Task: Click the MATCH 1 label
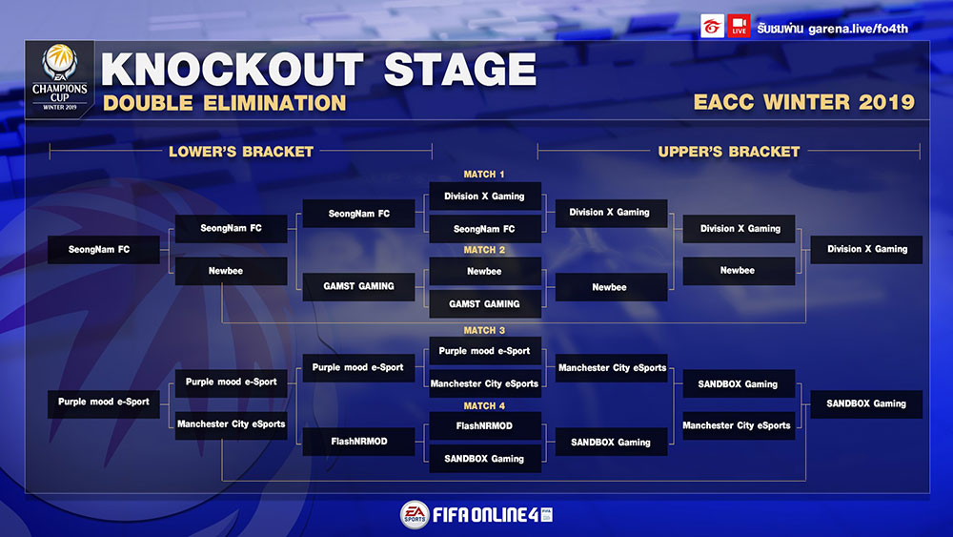[484, 175]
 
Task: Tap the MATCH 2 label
[484, 250]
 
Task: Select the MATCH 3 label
[484, 330]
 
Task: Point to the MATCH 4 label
[484, 405]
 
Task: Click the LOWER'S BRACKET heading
[241, 152]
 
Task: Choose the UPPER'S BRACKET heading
[729, 152]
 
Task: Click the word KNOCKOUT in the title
[233, 70]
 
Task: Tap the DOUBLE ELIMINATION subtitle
[224, 103]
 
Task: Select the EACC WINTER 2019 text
[803, 101]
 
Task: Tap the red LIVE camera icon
[739, 26]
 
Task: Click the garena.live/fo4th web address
[858, 29]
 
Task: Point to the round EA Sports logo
[415, 514]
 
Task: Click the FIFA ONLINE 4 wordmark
[493, 515]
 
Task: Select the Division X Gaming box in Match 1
[484, 196]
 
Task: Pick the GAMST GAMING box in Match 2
[484, 303]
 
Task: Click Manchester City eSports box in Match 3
[484, 383]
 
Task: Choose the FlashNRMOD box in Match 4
[484, 425]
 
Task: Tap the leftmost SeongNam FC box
[103, 249]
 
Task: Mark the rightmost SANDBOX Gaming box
[866, 403]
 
